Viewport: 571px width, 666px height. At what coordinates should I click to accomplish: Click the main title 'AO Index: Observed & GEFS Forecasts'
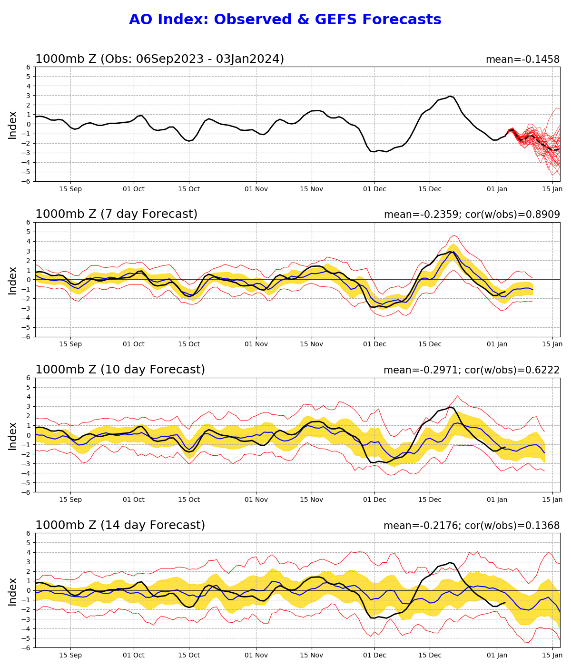(285, 20)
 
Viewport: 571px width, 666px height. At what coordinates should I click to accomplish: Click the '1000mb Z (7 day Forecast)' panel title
(116, 215)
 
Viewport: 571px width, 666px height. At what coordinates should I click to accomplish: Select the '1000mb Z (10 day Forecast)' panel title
(120, 370)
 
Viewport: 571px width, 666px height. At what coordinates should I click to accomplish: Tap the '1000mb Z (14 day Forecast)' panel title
(120, 526)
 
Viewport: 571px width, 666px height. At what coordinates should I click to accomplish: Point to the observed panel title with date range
(159, 59)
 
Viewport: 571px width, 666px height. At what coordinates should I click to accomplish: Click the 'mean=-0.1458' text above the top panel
(522, 59)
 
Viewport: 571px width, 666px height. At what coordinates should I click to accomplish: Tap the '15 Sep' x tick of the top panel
(70, 189)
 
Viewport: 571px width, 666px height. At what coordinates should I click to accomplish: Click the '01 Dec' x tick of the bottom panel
(374, 655)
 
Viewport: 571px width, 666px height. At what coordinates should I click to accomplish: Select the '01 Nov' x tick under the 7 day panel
(256, 344)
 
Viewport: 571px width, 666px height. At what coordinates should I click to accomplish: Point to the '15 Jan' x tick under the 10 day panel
(552, 499)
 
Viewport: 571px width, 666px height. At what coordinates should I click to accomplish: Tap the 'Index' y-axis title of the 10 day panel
(13, 435)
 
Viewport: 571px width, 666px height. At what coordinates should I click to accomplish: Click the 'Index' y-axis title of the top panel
(13, 125)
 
